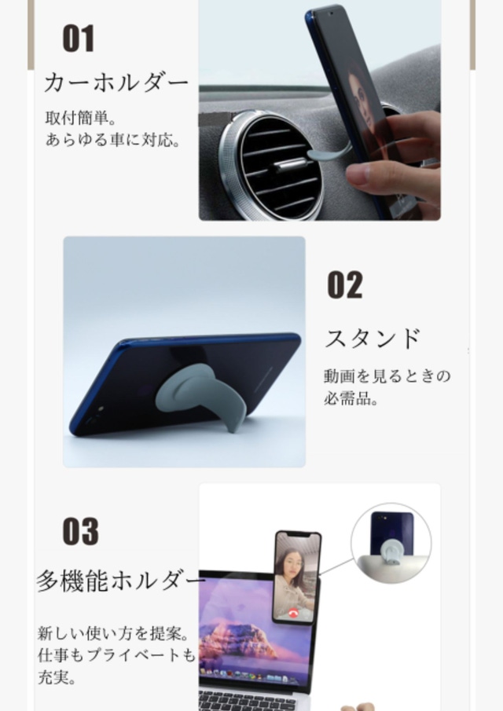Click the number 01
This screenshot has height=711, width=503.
click(x=79, y=38)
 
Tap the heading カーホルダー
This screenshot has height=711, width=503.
click(x=116, y=82)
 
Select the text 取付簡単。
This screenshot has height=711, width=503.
click(x=81, y=118)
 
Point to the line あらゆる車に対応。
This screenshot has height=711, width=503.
click(x=113, y=140)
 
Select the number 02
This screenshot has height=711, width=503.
click(x=345, y=284)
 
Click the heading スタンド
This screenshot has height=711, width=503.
click(x=373, y=339)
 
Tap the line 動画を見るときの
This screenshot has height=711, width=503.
click(x=387, y=376)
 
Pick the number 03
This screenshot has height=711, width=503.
click(x=80, y=531)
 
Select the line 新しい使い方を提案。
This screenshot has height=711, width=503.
click(x=113, y=633)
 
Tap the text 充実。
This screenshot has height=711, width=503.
click(x=57, y=677)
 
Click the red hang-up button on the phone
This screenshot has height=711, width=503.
click(x=293, y=614)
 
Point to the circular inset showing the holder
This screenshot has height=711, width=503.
click(x=391, y=543)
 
